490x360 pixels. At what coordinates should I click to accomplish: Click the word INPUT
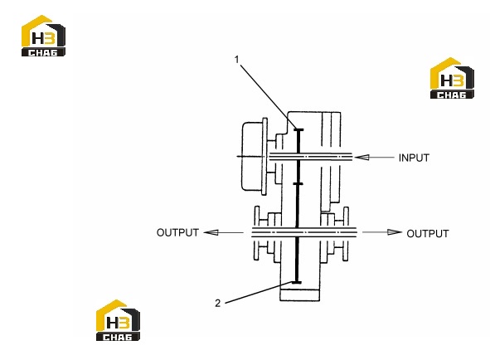coord(414,158)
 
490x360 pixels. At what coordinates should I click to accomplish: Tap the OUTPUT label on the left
coord(177,232)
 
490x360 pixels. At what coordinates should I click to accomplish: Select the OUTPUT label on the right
coord(428,233)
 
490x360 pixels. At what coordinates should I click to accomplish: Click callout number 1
coord(237,60)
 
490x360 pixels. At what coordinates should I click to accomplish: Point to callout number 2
coord(218,303)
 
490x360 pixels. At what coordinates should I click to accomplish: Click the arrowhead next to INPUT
coord(361,157)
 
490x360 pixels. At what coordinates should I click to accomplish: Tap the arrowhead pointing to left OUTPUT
coord(211,232)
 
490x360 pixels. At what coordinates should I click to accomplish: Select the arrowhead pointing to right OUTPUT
coord(395,232)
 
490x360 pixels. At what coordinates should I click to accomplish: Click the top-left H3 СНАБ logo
coord(43,36)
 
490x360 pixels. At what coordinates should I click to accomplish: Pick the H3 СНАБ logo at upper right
coord(452,78)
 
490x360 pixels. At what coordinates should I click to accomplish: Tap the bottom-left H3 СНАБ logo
coord(118,320)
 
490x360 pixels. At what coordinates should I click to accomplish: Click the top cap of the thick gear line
coord(298,129)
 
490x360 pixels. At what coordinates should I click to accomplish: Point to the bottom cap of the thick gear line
coord(296,282)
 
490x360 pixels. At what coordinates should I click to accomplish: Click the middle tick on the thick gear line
coord(298,184)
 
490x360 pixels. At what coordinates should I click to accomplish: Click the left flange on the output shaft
coord(257,233)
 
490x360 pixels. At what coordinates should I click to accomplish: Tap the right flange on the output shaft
coord(345,234)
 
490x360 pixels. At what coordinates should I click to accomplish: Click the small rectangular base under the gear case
coord(299,295)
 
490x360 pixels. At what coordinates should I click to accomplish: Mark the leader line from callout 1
coord(268,94)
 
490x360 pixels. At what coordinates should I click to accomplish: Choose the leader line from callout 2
coord(259,293)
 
